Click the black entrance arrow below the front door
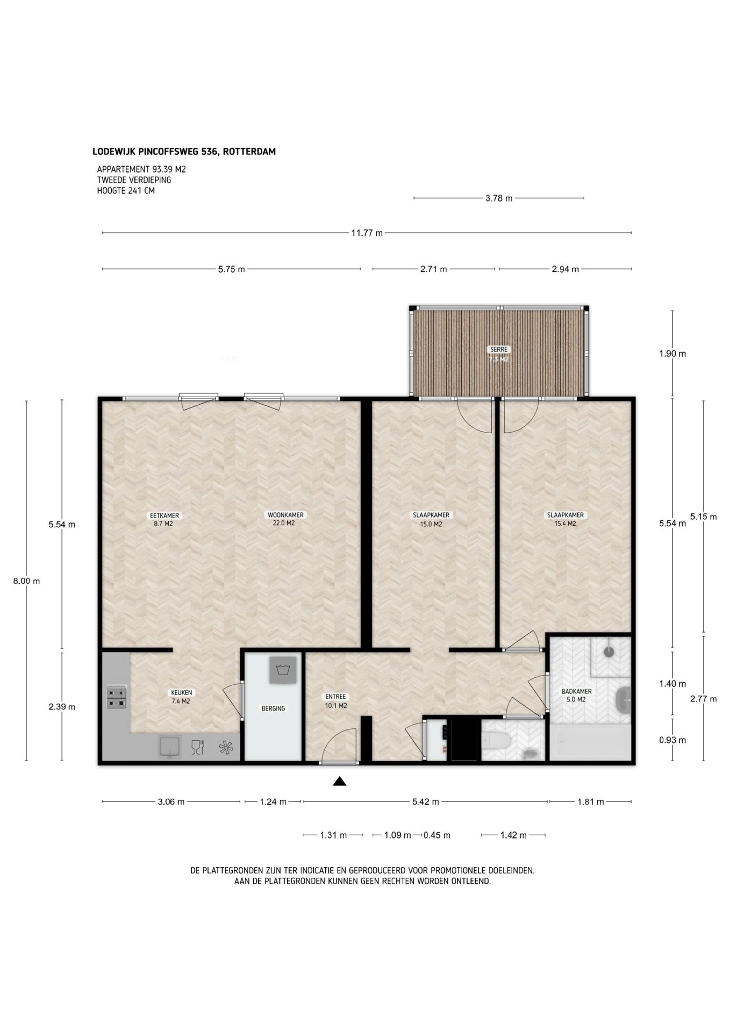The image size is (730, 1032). [x=339, y=781]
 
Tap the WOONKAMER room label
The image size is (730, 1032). [x=285, y=515]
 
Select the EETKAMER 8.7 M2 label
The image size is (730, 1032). [x=163, y=519]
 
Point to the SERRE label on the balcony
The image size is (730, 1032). [x=499, y=349]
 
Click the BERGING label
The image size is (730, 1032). [x=273, y=708]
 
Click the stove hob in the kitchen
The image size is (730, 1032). [x=117, y=697]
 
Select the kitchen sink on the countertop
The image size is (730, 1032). [x=170, y=747]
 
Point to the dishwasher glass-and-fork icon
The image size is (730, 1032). [x=197, y=747]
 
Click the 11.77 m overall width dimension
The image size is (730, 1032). [x=367, y=233]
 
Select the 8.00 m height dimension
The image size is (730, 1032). [x=26, y=580]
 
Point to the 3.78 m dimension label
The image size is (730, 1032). [x=499, y=198]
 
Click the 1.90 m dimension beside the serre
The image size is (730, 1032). [x=672, y=354]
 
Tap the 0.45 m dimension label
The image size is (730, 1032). [x=437, y=835]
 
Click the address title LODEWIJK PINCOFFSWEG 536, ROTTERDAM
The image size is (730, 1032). [x=184, y=152]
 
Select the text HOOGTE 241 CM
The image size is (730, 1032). [x=126, y=190]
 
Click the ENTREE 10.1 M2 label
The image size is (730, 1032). [x=335, y=701]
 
